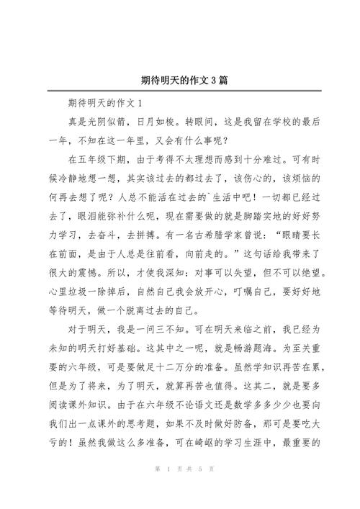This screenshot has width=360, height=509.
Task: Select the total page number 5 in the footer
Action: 200,490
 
